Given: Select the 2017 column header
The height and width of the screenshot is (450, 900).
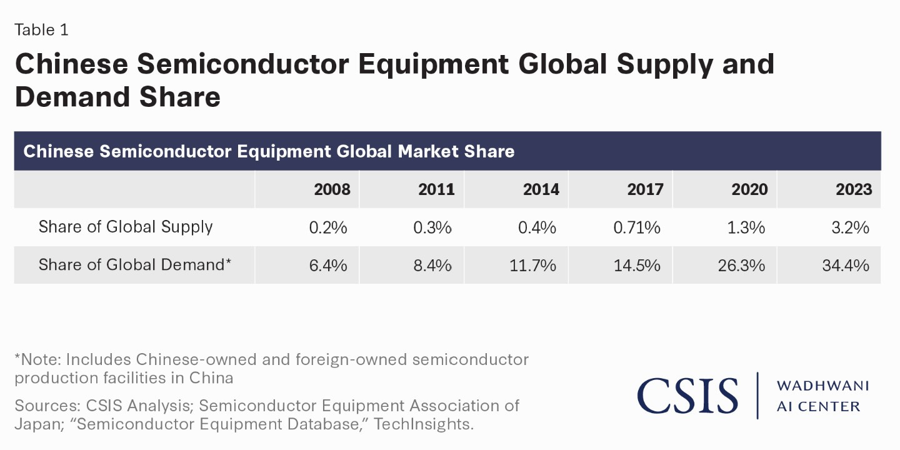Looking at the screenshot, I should click(x=644, y=189).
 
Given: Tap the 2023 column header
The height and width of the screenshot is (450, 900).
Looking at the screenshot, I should click(x=853, y=189).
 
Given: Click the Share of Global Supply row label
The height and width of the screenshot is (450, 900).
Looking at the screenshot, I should click(x=126, y=227).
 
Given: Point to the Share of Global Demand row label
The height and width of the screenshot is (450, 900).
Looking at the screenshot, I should click(x=135, y=264).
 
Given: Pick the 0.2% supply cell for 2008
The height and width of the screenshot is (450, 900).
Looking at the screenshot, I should click(x=328, y=227).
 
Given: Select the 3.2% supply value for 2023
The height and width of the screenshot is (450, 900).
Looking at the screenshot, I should click(x=851, y=227).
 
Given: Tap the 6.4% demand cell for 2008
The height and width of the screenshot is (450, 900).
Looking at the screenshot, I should click(x=328, y=265).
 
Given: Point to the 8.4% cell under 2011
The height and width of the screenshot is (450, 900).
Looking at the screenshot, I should click(x=432, y=265).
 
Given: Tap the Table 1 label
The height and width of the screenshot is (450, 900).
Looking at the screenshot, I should click(x=41, y=29).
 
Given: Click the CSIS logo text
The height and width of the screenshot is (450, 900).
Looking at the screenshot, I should click(x=687, y=396).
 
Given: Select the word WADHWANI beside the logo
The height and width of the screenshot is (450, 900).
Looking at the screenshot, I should click(x=822, y=386).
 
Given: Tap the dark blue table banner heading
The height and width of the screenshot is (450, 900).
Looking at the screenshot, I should click(x=269, y=151).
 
